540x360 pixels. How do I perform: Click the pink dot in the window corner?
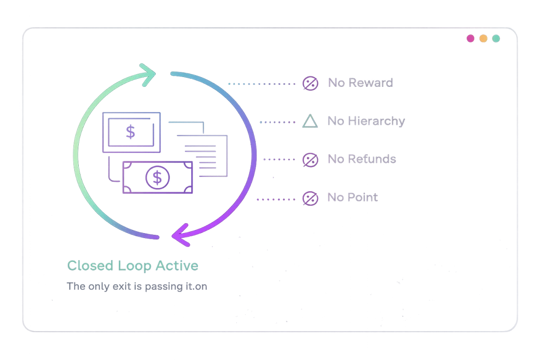point(470,38)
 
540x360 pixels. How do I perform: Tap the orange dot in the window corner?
point(483,38)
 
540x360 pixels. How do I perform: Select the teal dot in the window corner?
point(496,38)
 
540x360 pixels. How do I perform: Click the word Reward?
point(371,83)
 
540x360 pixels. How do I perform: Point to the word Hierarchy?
point(376,121)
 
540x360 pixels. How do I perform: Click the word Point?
point(362,197)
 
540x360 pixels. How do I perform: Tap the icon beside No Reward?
point(310,83)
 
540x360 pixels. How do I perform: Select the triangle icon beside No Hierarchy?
point(310,121)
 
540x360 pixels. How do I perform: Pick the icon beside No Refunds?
point(310,160)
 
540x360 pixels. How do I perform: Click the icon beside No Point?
point(310,198)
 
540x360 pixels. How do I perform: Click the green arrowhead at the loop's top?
point(148,75)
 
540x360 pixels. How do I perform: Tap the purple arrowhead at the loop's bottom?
point(181,235)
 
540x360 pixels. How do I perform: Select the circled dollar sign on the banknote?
point(157,177)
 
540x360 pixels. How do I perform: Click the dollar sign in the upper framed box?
point(130,132)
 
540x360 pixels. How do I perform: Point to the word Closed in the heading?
point(90,265)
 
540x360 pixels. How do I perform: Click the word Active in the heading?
point(177,265)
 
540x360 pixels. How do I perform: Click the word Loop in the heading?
point(135,266)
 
